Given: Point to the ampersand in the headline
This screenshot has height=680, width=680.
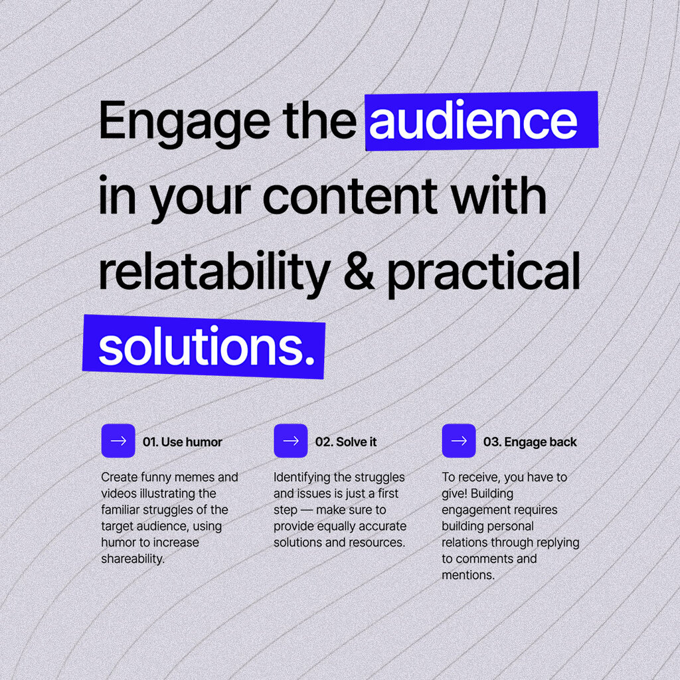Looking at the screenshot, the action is coord(359,271).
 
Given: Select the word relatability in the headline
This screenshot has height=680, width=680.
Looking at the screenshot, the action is coord(214,274).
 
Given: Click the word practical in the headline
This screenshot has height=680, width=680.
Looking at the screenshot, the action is coord(483,274).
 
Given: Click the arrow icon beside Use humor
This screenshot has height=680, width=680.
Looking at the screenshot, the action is coord(118,441).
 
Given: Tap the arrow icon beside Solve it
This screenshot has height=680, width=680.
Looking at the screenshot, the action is coord(291,441).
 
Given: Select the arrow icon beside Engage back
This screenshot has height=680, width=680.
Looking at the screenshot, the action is coord(459,441).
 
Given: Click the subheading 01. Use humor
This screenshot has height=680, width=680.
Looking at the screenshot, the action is coord(182,442).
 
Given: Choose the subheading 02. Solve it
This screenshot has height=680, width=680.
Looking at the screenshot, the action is coord(345,442).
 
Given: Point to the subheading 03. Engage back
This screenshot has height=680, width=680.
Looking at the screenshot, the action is coord(530,442).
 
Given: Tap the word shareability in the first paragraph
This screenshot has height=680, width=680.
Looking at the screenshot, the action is coord(133,559).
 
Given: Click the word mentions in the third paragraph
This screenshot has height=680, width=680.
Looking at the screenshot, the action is coord(468,576).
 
